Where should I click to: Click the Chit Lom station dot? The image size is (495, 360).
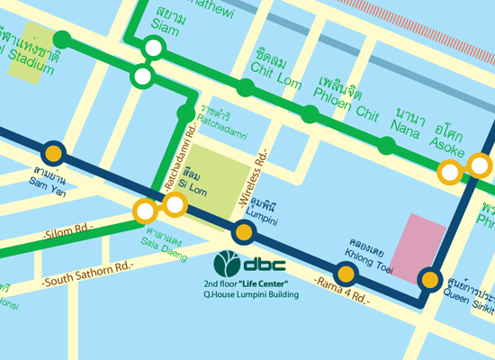pyautogui.click(x=245, y=87)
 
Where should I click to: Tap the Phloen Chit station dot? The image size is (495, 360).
pyautogui.click(x=310, y=114)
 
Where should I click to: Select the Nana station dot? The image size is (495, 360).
pyautogui.click(x=387, y=146)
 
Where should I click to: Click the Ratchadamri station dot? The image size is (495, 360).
pyautogui.click(x=186, y=113)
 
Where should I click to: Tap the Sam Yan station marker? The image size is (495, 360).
pyautogui.click(x=54, y=152)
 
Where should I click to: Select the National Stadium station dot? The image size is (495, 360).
pyautogui.click(x=62, y=39)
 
